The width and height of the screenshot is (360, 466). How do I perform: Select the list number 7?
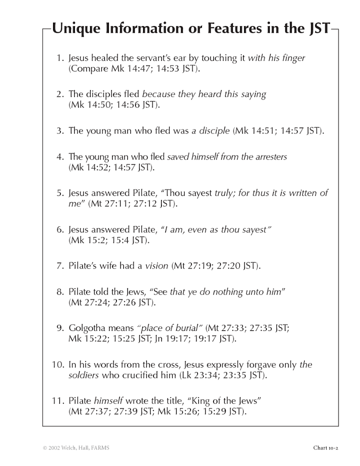point(60,266)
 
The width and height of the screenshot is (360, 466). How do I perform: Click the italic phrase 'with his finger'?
point(276,58)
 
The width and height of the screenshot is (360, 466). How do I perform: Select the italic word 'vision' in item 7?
point(156,266)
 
